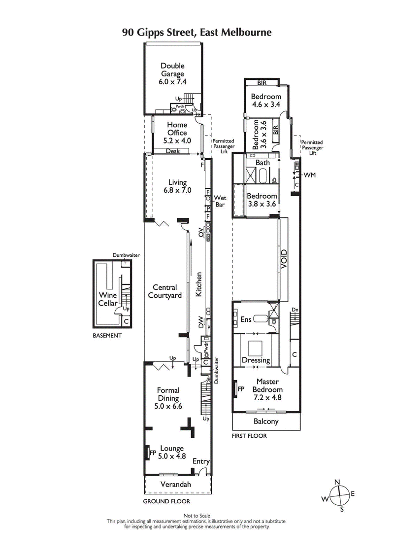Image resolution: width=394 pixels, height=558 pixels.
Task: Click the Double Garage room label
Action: [x=172, y=74]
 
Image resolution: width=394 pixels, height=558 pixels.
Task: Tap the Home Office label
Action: [x=177, y=133]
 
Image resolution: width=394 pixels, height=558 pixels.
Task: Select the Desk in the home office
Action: [x=172, y=151]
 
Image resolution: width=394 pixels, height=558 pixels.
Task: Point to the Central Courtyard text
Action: [x=164, y=291]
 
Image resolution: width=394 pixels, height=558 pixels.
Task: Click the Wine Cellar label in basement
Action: [x=108, y=299]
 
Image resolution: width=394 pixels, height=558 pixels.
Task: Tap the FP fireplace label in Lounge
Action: [x=153, y=452]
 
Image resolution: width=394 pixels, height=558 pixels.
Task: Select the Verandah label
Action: [x=176, y=485]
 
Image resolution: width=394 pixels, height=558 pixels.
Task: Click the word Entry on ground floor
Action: [x=201, y=461]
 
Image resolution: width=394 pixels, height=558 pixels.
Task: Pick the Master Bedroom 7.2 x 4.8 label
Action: [x=267, y=389]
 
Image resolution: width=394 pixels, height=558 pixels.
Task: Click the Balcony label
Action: [x=266, y=421]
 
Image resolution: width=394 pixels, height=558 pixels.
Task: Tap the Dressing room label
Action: [x=256, y=360]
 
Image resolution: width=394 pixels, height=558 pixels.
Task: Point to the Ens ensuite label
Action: [x=246, y=319]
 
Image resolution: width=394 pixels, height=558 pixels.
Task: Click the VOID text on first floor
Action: [x=284, y=259]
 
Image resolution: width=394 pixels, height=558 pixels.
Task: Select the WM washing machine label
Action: [x=310, y=175]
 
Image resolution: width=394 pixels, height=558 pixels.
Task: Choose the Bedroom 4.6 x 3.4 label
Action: [x=266, y=101]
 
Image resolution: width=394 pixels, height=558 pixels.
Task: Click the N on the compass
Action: [x=337, y=482]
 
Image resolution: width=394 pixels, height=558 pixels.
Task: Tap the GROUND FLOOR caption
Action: [x=166, y=501]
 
